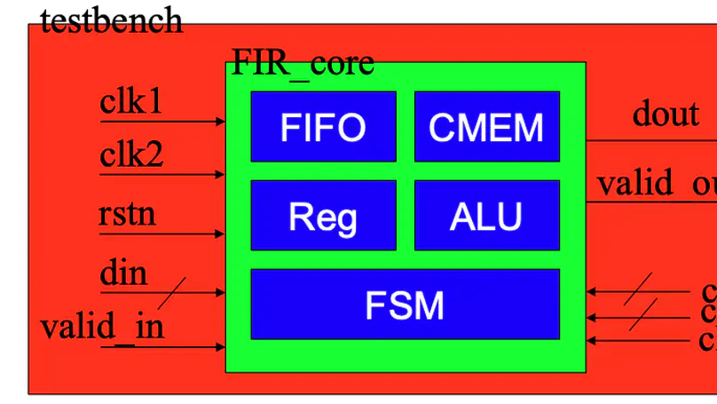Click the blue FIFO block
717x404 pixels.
tap(323, 126)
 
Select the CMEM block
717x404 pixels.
tap(486, 126)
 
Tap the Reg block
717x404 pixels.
tap(323, 216)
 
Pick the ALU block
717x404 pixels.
tap(486, 216)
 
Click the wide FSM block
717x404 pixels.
tap(405, 305)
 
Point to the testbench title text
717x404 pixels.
tap(112, 20)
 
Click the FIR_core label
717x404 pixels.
tap(303, 63)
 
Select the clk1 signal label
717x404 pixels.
tap(131, 103)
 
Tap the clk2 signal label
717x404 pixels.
tap(131, 156)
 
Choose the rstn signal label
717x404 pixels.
tap(127, 214)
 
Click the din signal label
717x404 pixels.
tap(123, 273)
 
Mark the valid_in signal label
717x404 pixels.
tap(102, 327)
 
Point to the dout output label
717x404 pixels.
tap(666, 114)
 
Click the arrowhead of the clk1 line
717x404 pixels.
tap(220, 121)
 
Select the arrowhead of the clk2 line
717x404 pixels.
tap(220, 175)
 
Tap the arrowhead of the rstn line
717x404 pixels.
tap(220, 234)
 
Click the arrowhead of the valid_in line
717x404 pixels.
tap(220, 347)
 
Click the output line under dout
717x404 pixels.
tap(648, 140)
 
